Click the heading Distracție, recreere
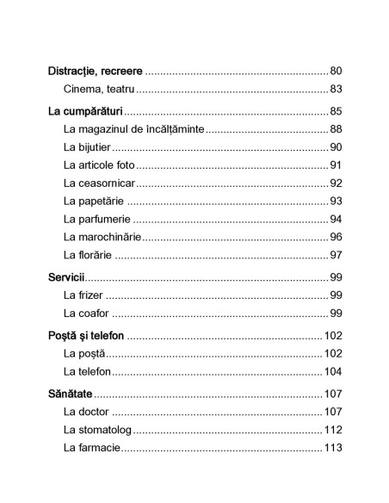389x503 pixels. (x=95, y=70)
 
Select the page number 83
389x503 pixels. (x=336, y=89)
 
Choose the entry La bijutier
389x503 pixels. (x=87, y=147)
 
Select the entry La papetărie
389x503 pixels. (x=93, y=201)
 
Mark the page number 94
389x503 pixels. (x=336, y=219)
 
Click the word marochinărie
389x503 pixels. (x=114, y=237)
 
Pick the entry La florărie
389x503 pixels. (x=89, y=255)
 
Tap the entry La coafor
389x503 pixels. (x=87, y=313)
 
